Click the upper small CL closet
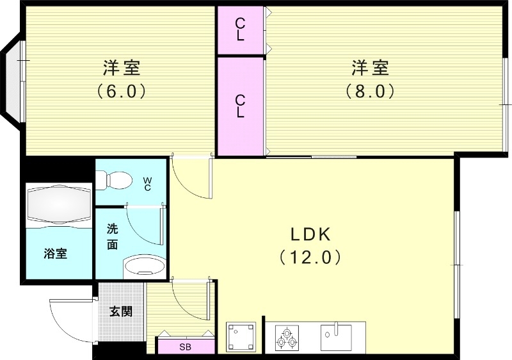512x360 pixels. [x=240, y=29]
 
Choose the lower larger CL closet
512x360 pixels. [x=240, y=106]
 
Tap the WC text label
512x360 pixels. [x=147, y=184]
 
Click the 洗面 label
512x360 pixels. [x=112, y=236]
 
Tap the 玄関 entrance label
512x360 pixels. [x=121, y=312]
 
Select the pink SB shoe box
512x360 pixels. [x=185, y=347]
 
